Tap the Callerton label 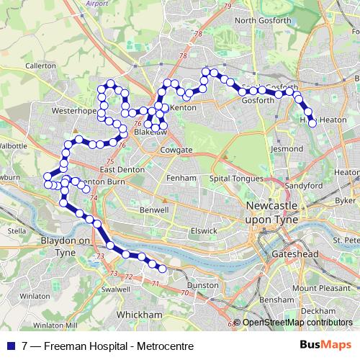(x=41, y=66)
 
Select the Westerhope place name (x=74, y=112)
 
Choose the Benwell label (x=153, y=210)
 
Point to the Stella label (x=16, y=231)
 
